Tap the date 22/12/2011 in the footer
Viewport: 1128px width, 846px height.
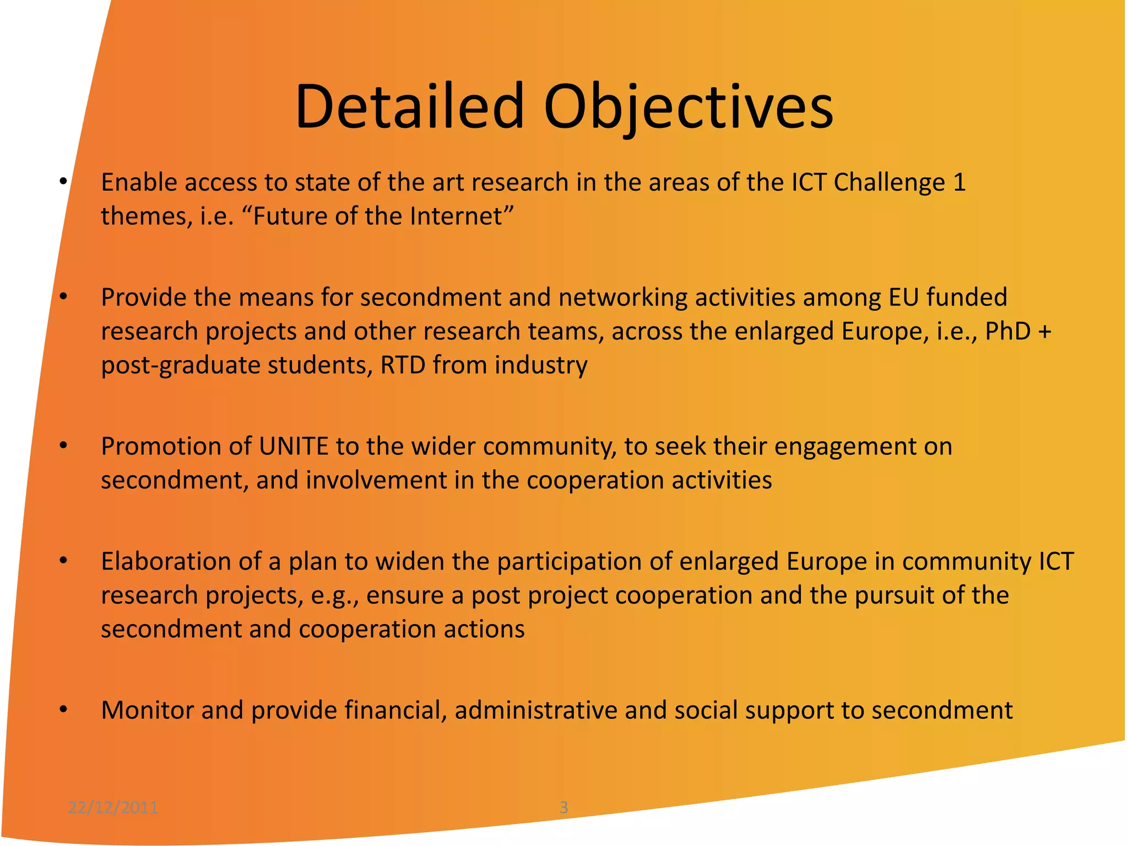click(113, 807)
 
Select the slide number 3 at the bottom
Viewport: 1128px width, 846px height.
click(563, 807)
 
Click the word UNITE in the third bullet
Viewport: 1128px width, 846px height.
click(294, 446)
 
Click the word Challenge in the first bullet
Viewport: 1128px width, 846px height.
click(889, 182)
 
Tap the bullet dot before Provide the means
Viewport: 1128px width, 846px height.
click(63, 297)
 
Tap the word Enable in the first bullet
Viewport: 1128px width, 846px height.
click(139, 182)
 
